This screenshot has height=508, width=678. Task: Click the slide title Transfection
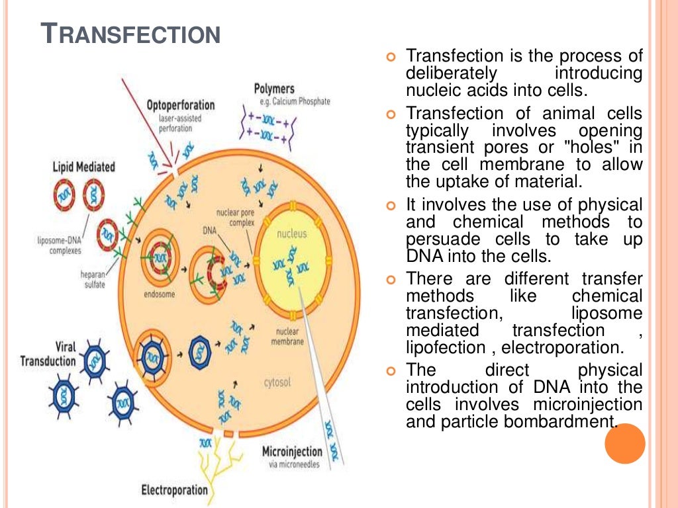130,34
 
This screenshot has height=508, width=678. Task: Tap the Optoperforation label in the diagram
180,105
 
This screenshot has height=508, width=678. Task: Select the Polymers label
274,89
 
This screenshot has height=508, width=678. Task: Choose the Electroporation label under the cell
174,490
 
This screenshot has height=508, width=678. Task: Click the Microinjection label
292,452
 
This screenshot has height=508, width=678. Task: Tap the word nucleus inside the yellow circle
292,234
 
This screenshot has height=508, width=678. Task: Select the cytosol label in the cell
277,382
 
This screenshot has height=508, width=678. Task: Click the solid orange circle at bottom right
624,443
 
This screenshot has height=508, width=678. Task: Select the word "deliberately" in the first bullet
451,73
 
